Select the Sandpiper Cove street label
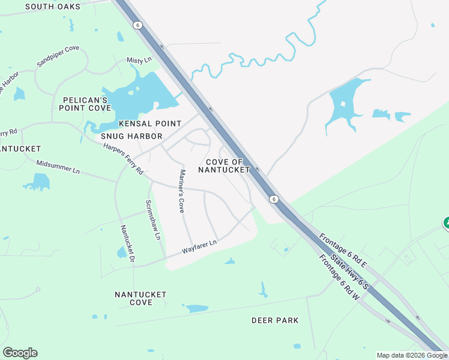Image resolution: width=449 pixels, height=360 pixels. coord(58,55)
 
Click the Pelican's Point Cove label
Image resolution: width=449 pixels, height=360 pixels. coord(85,104)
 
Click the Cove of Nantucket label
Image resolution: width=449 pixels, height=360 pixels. coord(228,166)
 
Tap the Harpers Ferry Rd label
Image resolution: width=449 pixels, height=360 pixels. coord(123,158)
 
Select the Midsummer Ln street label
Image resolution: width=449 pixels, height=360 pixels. coord(58,167)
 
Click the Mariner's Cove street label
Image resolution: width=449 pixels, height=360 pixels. coord(181,191)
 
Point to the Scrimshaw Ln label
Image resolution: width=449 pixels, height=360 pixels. coord(154,220)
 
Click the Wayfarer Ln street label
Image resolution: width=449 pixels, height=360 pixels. coord(199,247)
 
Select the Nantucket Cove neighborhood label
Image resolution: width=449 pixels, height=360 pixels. coord(141,298)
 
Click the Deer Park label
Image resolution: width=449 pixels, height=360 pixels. coord(275,320)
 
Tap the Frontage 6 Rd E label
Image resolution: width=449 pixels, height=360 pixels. coord(342,250)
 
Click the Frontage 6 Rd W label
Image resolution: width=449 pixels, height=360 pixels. coord(339,277)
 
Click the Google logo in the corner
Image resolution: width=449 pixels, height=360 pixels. coord(20,353)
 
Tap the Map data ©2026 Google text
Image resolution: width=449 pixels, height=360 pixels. coord(412,355)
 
